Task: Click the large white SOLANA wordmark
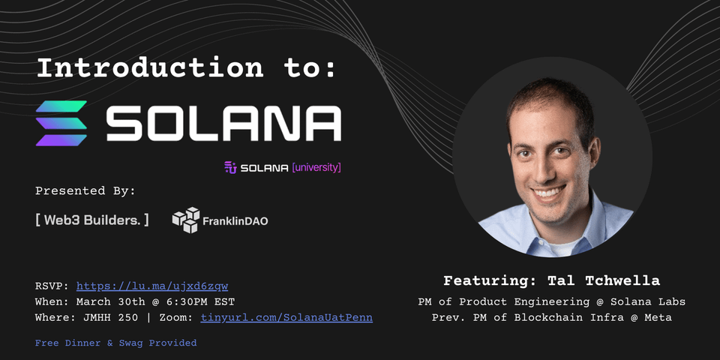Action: tap(223, 123)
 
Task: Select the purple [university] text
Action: tap(316, 167)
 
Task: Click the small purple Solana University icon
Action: tap(230, 167)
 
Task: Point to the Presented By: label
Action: tap(85, 190)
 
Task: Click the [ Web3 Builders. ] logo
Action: tap(92, 220)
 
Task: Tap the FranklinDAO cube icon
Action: tap(186, 220)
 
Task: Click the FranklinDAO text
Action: tap(235, 221)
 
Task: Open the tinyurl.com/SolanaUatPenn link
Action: tap(286, 317)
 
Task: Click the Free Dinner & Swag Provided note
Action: tap(115, 343)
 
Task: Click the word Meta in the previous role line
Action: tap(656, 317)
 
